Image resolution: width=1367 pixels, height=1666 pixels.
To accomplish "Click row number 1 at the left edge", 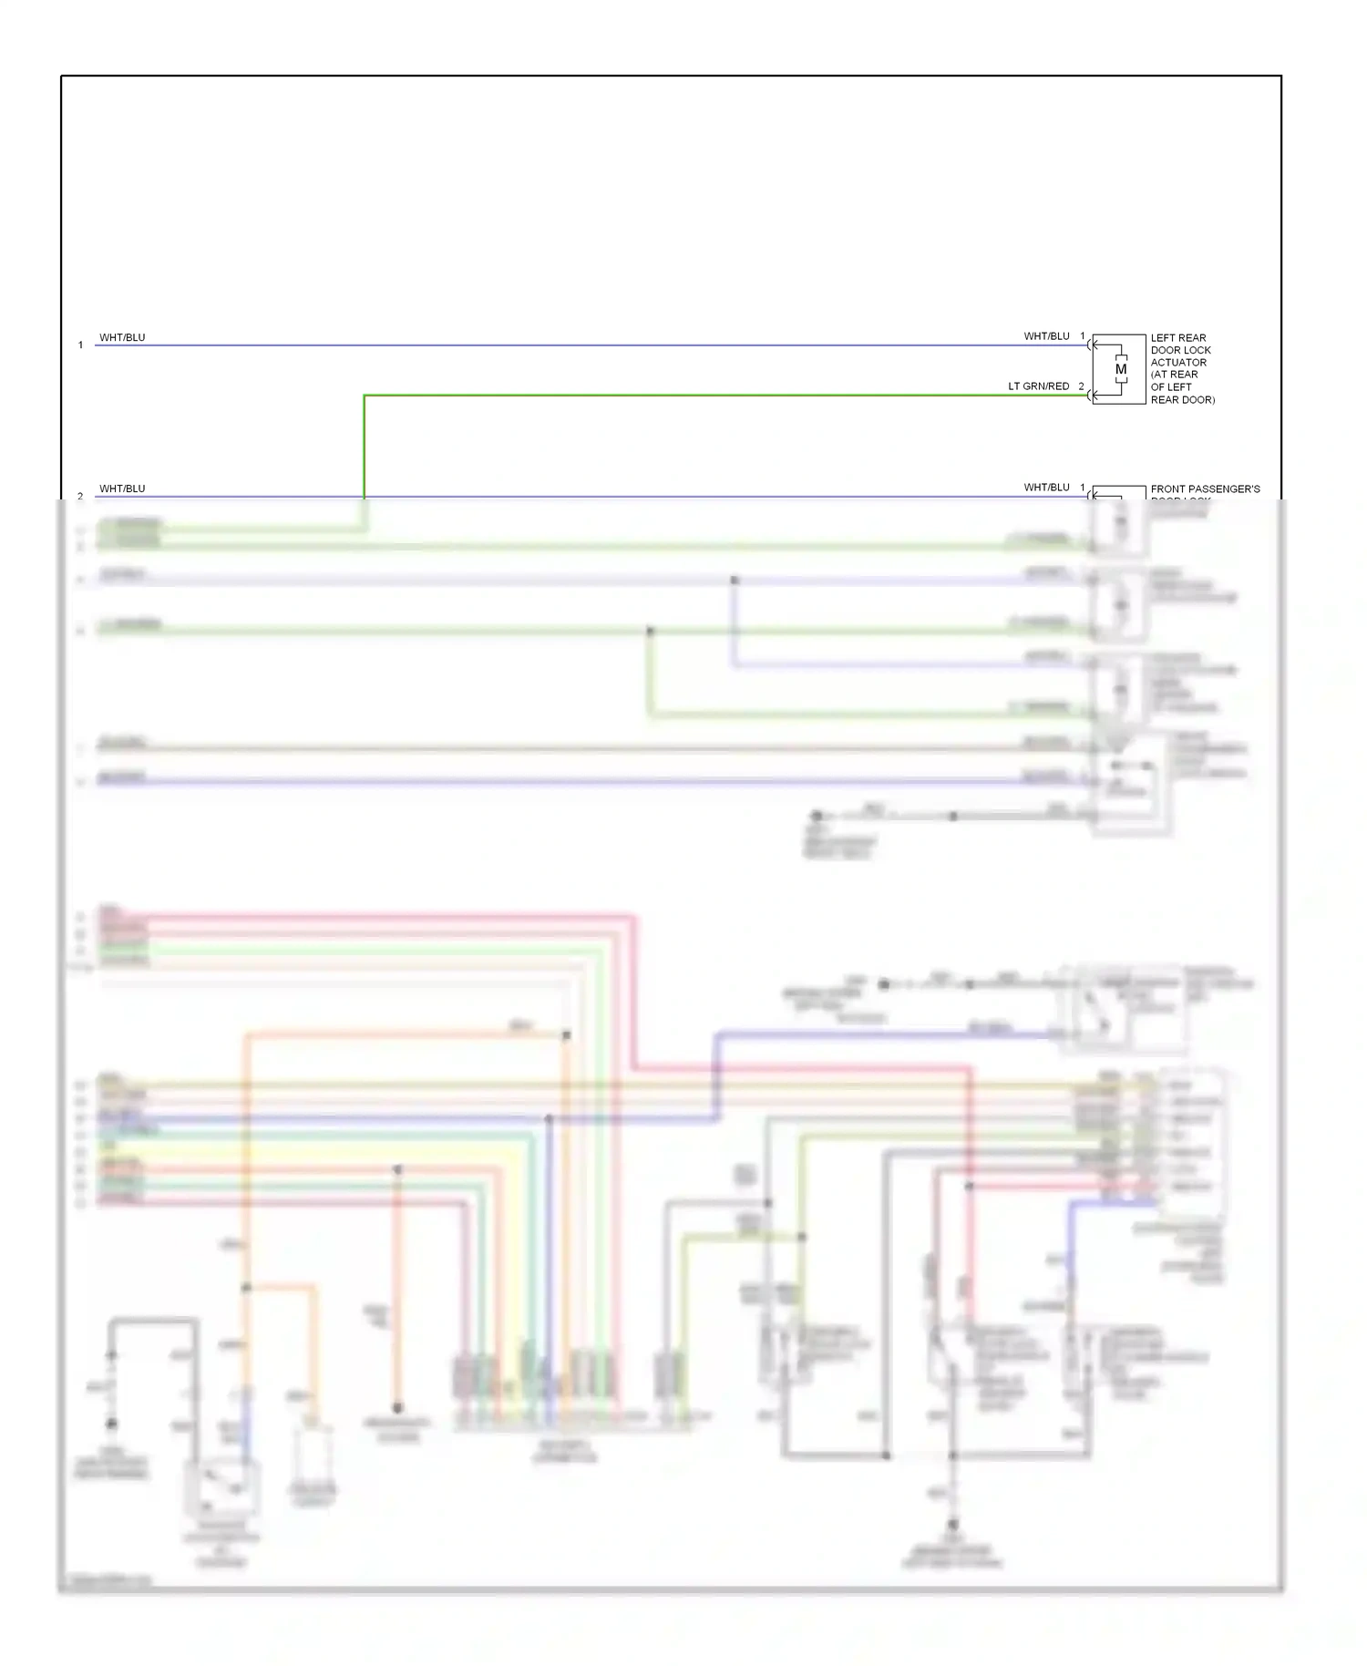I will click(x=80, y=345).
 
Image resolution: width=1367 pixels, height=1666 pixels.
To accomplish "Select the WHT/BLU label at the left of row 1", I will click(x=122, y=337).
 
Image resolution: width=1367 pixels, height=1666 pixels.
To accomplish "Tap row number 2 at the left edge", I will click(x=80, y=496).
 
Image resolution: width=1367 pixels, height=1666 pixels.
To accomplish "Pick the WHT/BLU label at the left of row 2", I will click(x=122, y=488).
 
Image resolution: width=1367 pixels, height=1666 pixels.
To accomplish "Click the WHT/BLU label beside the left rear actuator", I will click(x=1046, y=336).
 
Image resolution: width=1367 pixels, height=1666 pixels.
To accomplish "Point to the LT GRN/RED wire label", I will click(x=1038, y=386).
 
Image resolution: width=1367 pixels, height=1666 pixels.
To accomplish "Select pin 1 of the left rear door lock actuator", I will click(x=1083, y=336).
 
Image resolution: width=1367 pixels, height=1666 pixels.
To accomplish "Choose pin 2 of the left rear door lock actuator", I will click(x=1082, y=386).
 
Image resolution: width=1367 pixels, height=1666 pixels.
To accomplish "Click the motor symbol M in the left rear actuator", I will click(x=1121, y=369).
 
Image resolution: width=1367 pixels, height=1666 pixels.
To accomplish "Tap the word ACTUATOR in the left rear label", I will click(x=1178, y=363).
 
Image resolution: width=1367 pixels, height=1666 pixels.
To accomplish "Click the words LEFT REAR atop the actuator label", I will click(x=1177, y=338).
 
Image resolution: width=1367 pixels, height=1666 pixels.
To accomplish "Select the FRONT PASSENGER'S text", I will click(x=1205, y=489).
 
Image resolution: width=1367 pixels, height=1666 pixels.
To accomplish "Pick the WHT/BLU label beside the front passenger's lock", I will click(x=1046, y=488).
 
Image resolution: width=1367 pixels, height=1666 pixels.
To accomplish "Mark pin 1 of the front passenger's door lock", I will click(x=1083, y=488).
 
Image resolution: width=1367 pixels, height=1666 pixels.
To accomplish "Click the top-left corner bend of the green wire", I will click(x=365, y=396).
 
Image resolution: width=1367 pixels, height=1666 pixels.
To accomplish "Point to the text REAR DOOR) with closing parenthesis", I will click(x=1182, y=400).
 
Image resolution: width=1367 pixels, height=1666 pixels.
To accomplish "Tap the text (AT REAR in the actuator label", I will click(x=1174, y=375).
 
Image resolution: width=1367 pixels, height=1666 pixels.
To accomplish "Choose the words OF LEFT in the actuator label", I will click(x=1171, y=387).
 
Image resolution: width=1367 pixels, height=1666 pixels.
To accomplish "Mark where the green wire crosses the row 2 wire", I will click(x=365, y=497).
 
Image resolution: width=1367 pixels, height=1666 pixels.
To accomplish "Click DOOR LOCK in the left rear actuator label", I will click(x=1180, y=350).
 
